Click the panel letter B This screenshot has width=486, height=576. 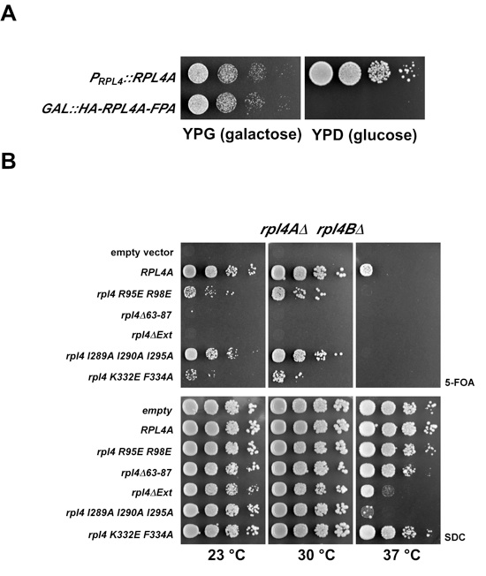click(x=9, y=161)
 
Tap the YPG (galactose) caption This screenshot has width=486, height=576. click(x=242, y=134)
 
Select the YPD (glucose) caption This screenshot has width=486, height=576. click(x=364, y=135)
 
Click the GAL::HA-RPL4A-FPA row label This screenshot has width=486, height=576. click(x=109, y=109)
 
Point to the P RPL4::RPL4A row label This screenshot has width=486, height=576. click(x=133, y=79)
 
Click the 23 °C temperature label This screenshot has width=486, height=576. click(x=226, y=555)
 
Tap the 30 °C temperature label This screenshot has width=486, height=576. click(x=316, y=555)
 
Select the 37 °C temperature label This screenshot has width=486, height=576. click(x=401, y=555)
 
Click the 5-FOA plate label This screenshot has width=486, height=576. click(x=459, y=383)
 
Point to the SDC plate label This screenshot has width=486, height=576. click(x=455, y=537)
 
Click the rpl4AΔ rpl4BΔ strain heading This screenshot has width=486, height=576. click(x=312, y=229)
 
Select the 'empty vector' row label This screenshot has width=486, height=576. click(x=141, y=253)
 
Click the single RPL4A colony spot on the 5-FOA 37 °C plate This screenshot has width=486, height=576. click(x=366, y=270)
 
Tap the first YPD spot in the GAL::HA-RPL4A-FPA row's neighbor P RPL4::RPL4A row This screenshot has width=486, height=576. click(x=321, y=72)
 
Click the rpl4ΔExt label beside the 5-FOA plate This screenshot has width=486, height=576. click(x=152, y=335)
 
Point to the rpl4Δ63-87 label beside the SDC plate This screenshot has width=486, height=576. click(x=146, y=473)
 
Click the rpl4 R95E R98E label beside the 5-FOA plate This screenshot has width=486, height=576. click(x=134, y=294)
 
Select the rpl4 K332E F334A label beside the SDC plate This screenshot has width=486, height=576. click(x=131, y=534)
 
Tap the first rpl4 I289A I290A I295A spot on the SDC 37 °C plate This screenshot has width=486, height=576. click(x=367, y=512)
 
